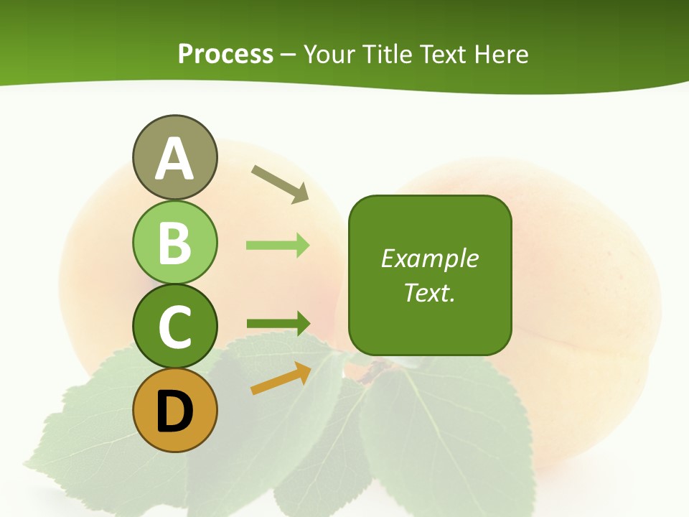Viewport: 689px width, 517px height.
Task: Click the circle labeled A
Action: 174,157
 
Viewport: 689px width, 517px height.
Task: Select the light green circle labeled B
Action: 174,242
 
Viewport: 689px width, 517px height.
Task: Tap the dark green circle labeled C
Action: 174,326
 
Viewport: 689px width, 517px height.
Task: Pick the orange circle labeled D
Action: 174,411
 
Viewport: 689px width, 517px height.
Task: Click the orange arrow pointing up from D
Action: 281,378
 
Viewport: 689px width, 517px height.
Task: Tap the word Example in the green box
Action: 429,258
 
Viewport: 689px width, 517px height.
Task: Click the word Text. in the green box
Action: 429,292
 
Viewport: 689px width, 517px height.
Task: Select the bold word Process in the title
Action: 225,54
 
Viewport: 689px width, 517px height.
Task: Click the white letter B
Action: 174,243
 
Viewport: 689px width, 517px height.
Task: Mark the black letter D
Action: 174,411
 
